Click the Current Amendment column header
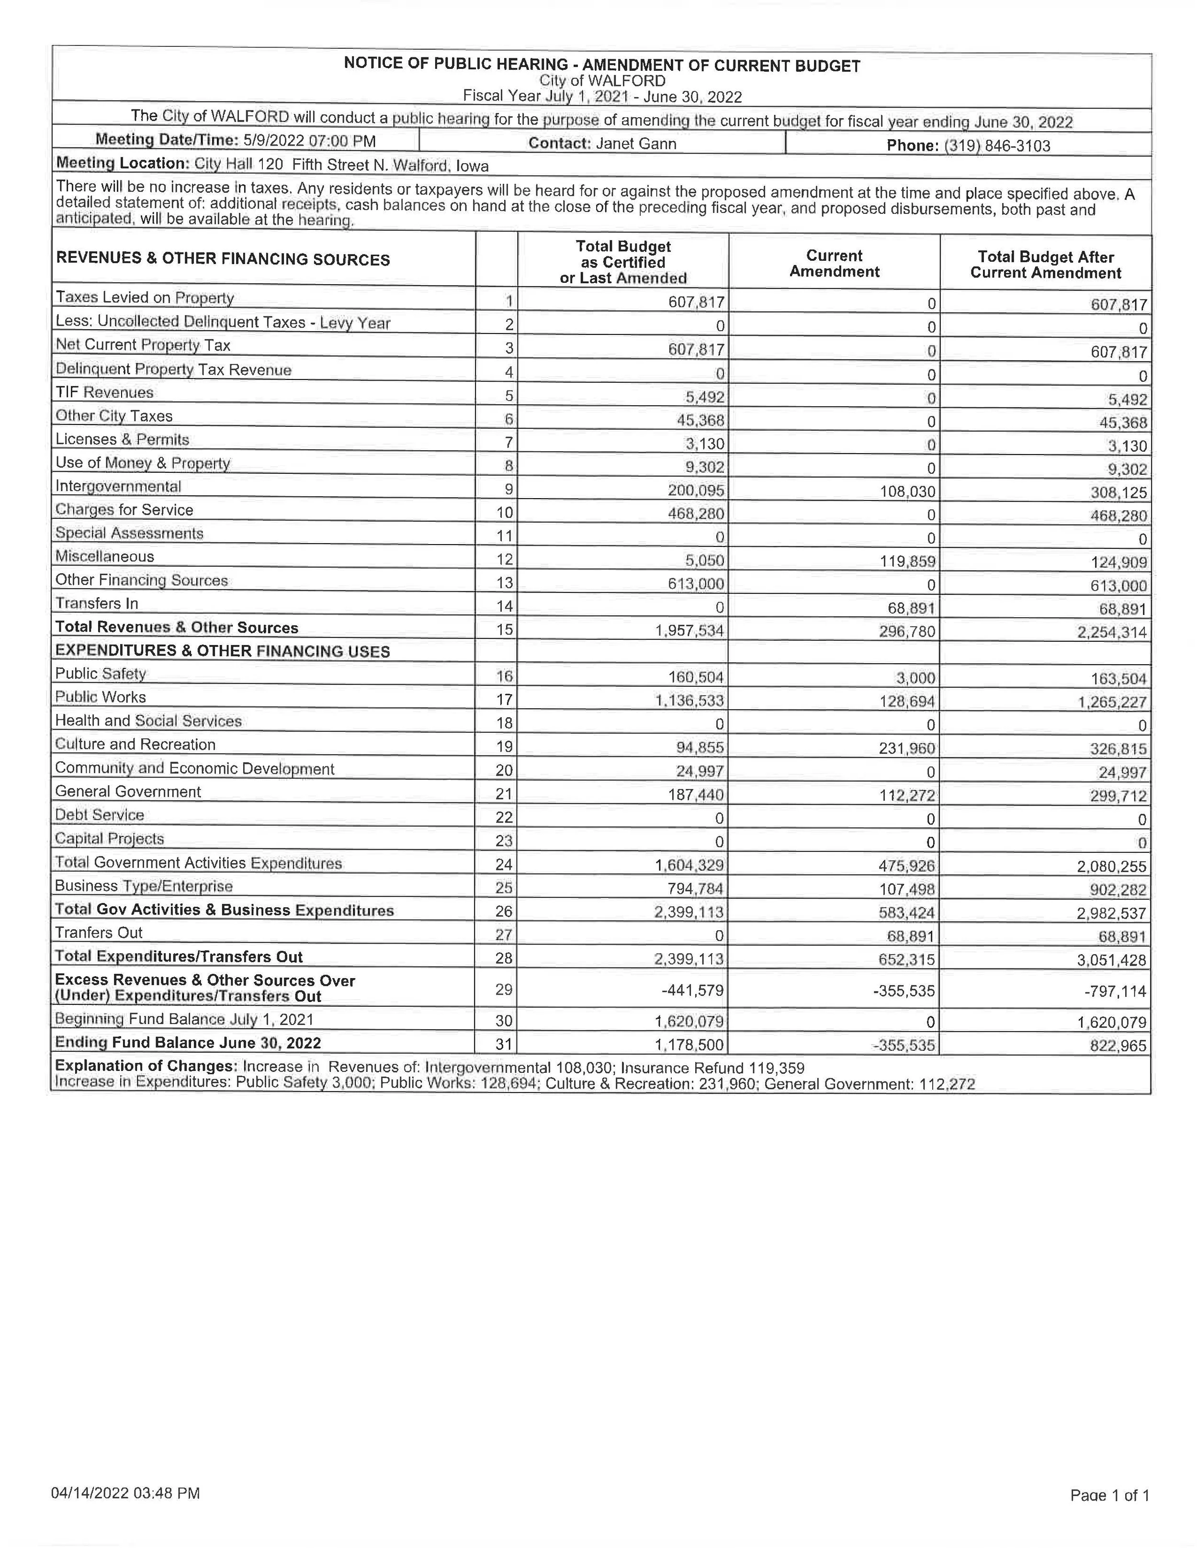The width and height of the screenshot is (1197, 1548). tap(834, 264)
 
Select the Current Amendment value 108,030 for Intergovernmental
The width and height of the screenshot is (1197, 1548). tap(908, 491)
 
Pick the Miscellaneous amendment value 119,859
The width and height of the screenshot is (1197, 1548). tap(908, 561)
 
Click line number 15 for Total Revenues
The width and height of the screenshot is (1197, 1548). tap(504, 629)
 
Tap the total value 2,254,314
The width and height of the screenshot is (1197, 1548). tap(1112, 632)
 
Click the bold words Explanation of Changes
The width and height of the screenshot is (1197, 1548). tap(146, 1066)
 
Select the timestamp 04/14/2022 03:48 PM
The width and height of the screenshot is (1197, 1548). tap(125, 1493)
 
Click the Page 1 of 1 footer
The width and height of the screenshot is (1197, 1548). tap(1109, 1495)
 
